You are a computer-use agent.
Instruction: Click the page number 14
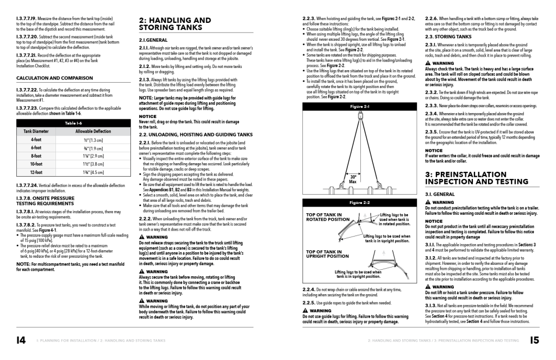coord(21,340)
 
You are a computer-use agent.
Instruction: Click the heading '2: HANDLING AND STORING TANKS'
coord(175,24)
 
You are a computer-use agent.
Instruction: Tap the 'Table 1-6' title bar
coord(73,123)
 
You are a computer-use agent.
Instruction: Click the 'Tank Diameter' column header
coord(36,132)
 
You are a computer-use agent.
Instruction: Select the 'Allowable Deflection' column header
coord(93,132)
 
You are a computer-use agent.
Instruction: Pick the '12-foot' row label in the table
coord(36,172)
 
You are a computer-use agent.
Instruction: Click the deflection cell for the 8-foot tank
coord(93,156)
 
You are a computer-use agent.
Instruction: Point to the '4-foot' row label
coord(36,140)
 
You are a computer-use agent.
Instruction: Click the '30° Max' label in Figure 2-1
coord(353,179)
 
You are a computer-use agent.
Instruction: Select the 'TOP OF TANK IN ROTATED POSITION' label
coord(328,217)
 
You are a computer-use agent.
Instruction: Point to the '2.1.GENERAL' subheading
coord(153,40)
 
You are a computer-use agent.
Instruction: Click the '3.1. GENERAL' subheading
coord(440,194)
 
